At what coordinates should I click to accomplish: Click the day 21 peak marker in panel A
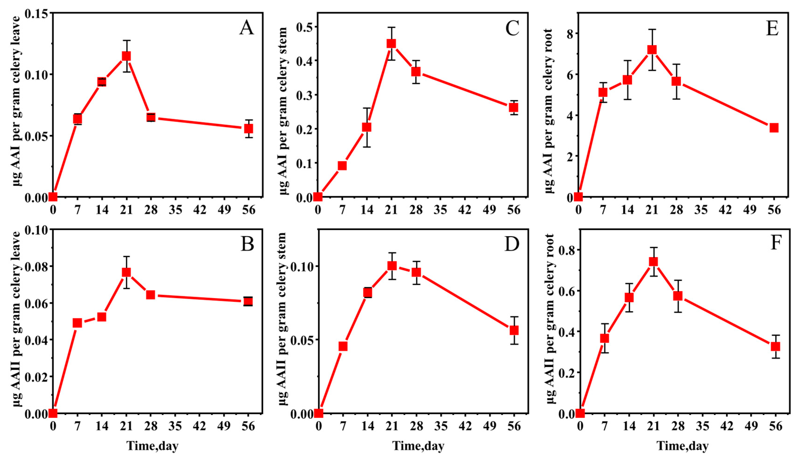126,56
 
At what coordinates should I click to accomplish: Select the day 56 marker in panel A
249,129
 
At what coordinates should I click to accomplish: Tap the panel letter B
247,244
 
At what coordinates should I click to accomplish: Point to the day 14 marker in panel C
367,127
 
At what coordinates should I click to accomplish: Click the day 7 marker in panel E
603,92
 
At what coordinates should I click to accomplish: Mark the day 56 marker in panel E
774,128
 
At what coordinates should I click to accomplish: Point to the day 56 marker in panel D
514,330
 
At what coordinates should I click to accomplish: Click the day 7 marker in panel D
343,346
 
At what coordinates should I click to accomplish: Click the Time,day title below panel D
418,446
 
